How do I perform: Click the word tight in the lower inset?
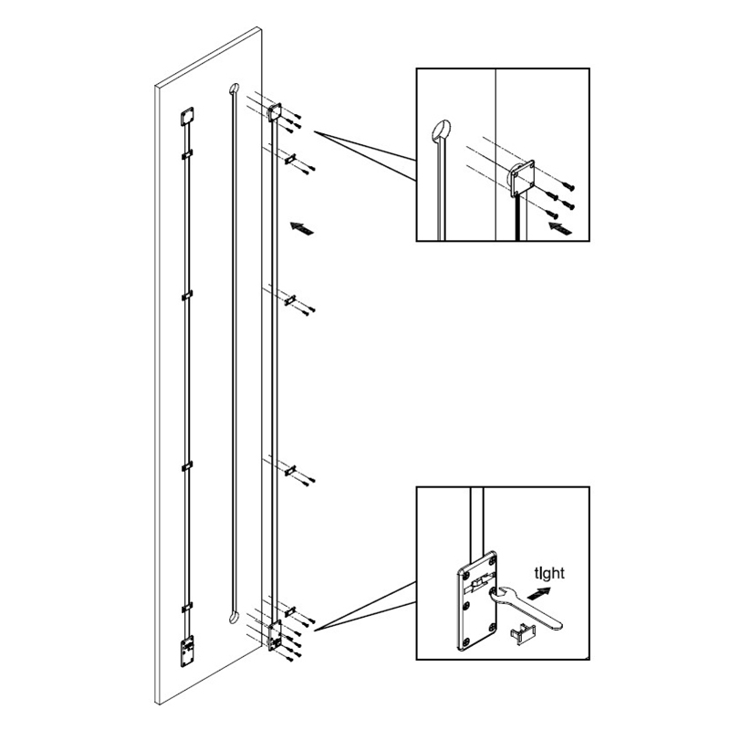point(549,573)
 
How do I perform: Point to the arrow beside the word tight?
point(539,593)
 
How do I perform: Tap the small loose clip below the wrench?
point(523,632)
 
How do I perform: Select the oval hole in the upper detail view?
point(441,130)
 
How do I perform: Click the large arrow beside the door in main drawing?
point(302,228)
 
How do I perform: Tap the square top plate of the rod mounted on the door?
point(187,117)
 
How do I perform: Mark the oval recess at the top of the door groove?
point(234,89)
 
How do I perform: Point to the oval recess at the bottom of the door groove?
point(234,617)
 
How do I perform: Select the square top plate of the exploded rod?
point(276,112)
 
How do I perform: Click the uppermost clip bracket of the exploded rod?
point(290,159)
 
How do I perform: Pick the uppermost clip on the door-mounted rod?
point(187,154)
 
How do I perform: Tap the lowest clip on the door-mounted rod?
point(187,608)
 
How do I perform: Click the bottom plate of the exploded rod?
point(276,635)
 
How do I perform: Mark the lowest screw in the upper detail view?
point(552,214)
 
